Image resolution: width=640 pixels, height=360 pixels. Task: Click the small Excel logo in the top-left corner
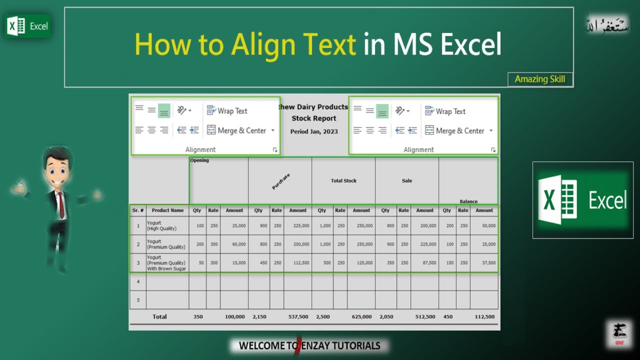27,26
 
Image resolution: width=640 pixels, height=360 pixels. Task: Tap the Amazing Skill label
540,79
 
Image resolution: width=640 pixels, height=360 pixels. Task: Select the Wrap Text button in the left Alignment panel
227,111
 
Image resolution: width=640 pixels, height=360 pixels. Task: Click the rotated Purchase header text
281,181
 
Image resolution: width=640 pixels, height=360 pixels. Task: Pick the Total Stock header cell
343,181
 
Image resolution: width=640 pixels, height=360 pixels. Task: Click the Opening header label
199,160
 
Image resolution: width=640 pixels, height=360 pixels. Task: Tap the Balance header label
468,201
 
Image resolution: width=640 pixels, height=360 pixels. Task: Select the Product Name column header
167,210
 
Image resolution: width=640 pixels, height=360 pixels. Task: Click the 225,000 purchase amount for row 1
301,226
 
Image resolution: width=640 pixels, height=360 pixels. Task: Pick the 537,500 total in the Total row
298,317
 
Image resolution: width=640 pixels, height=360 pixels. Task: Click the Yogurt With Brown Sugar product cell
166,263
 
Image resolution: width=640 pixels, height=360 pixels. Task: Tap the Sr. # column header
138,210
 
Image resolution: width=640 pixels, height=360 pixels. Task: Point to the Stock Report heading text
314,118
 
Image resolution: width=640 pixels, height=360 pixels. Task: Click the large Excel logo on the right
582,200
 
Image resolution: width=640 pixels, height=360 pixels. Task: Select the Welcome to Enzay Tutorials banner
309,345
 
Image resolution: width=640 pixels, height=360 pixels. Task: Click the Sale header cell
407,181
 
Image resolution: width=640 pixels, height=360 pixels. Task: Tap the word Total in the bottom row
159,317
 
